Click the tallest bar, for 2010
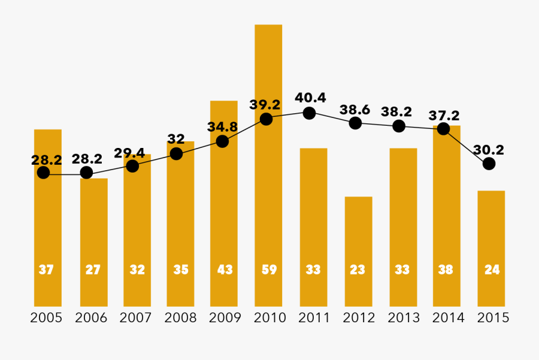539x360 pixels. pos(268,180)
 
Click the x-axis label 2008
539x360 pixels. pos(180,318)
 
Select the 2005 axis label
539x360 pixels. pos(46,318)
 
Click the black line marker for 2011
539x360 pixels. pos(309,113)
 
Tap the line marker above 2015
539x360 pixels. pos(489,164)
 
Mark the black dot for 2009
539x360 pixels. pos(222,141)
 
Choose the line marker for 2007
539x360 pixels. pos(133,166)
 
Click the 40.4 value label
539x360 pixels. pos(310,97)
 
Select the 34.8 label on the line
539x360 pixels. pos(222,126)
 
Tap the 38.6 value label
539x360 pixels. pos(355,110)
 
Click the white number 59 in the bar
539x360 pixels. pos(269,270)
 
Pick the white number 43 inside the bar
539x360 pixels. pos(225,270)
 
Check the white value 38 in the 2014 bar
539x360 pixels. pos(446,270)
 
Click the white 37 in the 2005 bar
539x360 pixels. pos(46,270)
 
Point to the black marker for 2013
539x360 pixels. pos(399,126)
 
